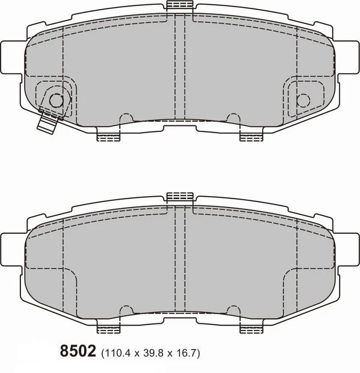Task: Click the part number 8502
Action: [79, 351]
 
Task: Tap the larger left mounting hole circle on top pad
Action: [55, 101]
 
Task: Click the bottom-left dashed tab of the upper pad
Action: [109, 137]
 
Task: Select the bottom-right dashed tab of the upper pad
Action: [251, 137]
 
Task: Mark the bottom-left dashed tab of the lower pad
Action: [109, 328]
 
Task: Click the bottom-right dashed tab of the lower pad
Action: [251, 328]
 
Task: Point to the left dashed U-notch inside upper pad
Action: [127, 117]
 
